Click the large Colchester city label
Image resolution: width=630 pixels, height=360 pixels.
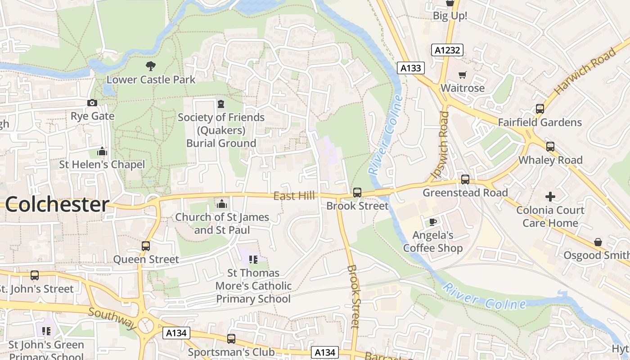pos(57,205)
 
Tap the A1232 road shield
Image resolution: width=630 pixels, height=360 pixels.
pos(447,50)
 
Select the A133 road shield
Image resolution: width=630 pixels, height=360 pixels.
pos(411,68)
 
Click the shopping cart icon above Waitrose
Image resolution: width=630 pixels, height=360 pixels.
pos(462,75)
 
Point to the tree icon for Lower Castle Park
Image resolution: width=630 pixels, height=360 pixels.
pos(151,66)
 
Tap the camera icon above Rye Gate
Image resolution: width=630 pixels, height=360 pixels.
pos(92,103)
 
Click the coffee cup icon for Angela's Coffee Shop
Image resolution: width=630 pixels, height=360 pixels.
pos(433,222)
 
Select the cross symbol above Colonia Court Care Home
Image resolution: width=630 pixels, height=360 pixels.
pos(550,197)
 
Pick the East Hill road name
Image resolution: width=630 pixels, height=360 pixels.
pos(294,196)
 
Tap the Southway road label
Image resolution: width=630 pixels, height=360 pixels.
pos(112,318)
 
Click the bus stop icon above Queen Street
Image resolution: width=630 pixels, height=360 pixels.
pos(145,246)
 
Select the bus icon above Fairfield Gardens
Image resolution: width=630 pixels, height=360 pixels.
pos(540,109)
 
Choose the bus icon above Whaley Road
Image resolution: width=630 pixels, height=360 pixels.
pos(550,147)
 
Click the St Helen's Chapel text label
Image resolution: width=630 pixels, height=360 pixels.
pos(102,165)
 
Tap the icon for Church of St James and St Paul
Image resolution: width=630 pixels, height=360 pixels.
pos(221,204)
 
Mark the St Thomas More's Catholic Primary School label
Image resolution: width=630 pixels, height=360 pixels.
pos(253,286)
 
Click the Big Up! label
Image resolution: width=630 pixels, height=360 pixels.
pos(450,16)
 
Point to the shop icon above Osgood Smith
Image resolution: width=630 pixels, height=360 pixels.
pos(598,243)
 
